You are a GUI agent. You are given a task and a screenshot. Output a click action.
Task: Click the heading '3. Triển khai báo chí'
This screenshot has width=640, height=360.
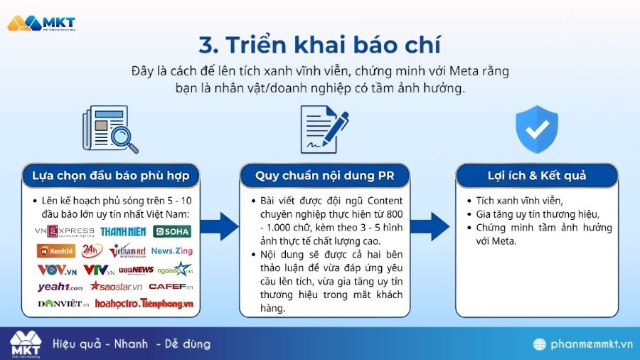pos(320,44)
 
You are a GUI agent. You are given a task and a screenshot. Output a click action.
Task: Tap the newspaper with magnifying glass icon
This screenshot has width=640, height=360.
pos(110,129)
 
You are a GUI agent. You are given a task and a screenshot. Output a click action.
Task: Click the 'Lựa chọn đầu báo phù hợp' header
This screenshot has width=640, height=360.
pos(116,174)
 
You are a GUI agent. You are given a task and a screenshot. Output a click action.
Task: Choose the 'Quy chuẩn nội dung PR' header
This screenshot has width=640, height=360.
pos(324,174)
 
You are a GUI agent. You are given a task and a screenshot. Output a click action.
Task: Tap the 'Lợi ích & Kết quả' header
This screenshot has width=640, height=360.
pos(536,174)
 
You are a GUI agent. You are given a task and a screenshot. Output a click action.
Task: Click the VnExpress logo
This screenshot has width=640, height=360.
pos(65,231)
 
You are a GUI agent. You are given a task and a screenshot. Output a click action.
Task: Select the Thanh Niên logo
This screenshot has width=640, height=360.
pos(122,231)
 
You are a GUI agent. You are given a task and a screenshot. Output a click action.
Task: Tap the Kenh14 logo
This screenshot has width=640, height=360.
pos(55,250)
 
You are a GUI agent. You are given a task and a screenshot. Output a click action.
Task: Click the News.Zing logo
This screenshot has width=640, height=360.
pos(171,250)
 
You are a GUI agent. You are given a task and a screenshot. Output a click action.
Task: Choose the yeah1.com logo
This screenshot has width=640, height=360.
pos(60,287)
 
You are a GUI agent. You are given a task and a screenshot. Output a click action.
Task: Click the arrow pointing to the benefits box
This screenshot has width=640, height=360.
pos(431,226)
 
